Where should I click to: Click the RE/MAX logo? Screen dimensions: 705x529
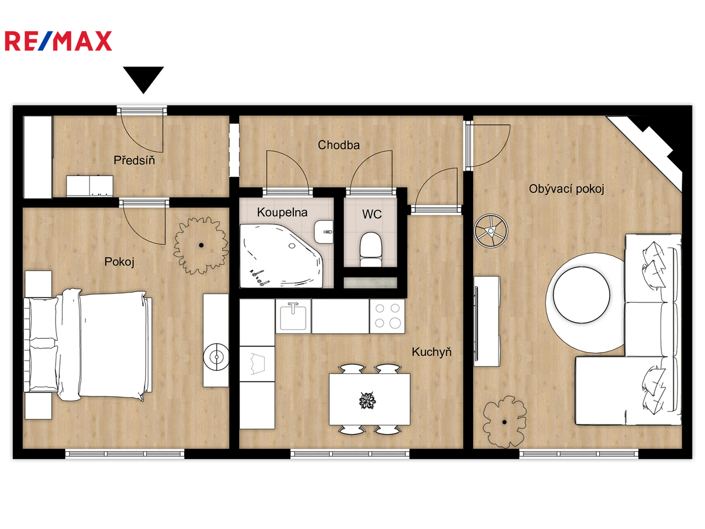(x=58, y=41)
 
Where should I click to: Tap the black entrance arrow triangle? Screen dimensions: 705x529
(x=143, y=78)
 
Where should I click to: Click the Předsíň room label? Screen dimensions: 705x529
(x=134, y=160)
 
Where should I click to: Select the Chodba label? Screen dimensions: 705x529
(x=338, y=145)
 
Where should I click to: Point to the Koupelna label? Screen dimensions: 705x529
(x=282, y=212)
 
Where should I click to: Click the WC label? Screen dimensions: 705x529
(x=372, y=214)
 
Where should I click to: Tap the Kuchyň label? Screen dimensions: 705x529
(x=432, y=352)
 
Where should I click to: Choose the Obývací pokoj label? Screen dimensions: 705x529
(x=566, y=189)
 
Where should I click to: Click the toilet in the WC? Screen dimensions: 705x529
(x=371, y=249)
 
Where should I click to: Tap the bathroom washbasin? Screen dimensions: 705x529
(x=324, y=232)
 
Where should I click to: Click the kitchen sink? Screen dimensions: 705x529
(x=293, y=316)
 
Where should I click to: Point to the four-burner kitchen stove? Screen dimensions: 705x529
(x=387, y=316)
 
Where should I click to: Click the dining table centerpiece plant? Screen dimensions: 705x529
(x=367, y=401)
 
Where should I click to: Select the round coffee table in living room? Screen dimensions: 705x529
(x=581, y=294)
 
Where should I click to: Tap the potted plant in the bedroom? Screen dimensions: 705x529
(x=201, y=245)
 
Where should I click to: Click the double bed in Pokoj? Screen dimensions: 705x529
(x=88, y=345)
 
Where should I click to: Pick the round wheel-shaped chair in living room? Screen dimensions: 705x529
(x=491, y=231)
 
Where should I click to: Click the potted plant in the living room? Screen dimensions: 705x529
(x=504, y=422)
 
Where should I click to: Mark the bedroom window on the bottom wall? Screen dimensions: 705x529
(x=125, y=454)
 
